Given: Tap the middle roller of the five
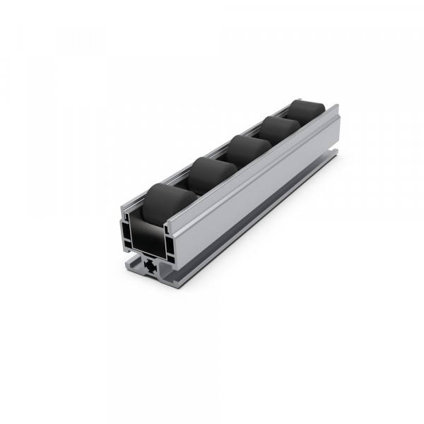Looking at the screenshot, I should click(x=245, y=150).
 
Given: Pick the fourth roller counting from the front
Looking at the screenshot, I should click(x=278, y=129).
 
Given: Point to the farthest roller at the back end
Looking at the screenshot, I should click(x=308, y=112).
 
